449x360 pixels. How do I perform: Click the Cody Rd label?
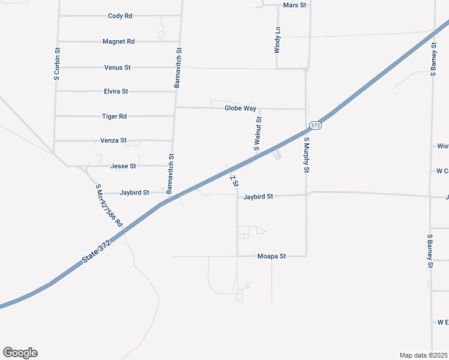[120, 16]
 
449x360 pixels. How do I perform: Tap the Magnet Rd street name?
[119, 42]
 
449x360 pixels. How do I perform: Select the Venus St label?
[118, 68]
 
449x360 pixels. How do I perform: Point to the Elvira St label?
[116, 92]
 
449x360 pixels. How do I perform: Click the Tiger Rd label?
[115, 116]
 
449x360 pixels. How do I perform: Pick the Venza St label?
[113, 141]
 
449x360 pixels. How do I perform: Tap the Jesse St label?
[124, 166]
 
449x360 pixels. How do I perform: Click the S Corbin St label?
[56, 65]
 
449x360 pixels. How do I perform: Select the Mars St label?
[294, 5]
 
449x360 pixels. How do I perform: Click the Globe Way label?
[241, 109]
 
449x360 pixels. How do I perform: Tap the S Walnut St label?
[258, 134]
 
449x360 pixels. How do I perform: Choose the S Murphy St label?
[306, 155]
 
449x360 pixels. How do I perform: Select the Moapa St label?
[272, 256]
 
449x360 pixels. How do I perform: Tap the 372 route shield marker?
[316, 125]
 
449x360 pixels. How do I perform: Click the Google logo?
[20, 353]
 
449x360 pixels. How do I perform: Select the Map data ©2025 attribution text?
[423, 355]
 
